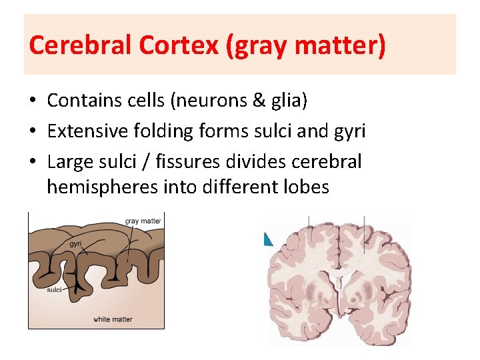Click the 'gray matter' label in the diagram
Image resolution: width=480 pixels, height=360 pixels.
point(143,221)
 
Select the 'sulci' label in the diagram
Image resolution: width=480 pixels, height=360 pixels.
point(55,290)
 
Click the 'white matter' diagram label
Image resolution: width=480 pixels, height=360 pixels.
point(113,319)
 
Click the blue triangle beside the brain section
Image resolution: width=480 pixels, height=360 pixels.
point(268,238)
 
